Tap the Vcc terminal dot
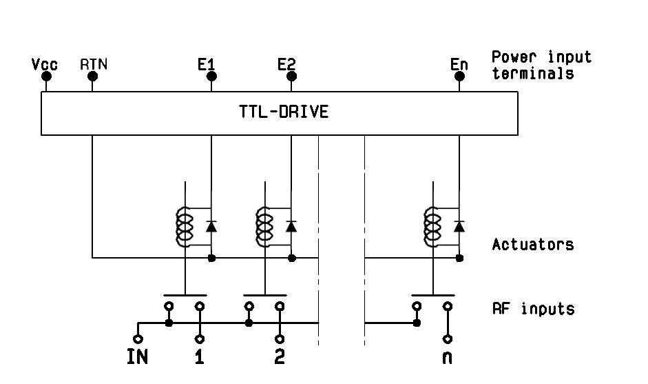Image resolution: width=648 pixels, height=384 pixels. [x=46, y=77]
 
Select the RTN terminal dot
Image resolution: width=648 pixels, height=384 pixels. [x=92, y=77]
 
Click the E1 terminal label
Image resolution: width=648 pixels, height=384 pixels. [x=206, y=64]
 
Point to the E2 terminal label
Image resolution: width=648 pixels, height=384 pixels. [x=286, y=64]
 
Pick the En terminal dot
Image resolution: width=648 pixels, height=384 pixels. [x=459, y=77]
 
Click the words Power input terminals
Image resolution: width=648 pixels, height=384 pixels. [x=541, y=65]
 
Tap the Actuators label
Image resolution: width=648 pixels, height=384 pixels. [x=532, y=244]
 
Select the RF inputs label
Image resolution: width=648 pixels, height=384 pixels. [x=532, y=308]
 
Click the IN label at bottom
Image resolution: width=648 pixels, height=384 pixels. [x=138, y=357]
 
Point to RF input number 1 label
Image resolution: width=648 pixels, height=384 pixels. [x=200, y=357]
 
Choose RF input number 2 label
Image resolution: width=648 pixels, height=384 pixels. [x=280, y=357]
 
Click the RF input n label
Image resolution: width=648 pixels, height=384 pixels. [x=448, y=357]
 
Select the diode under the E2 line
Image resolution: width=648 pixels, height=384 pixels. [x=291, y=225]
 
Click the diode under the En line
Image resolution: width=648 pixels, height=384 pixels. [x=459, y=225]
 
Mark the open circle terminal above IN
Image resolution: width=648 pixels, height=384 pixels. [x=138, y=338]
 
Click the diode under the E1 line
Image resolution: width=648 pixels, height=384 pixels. [x=211, y=225]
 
